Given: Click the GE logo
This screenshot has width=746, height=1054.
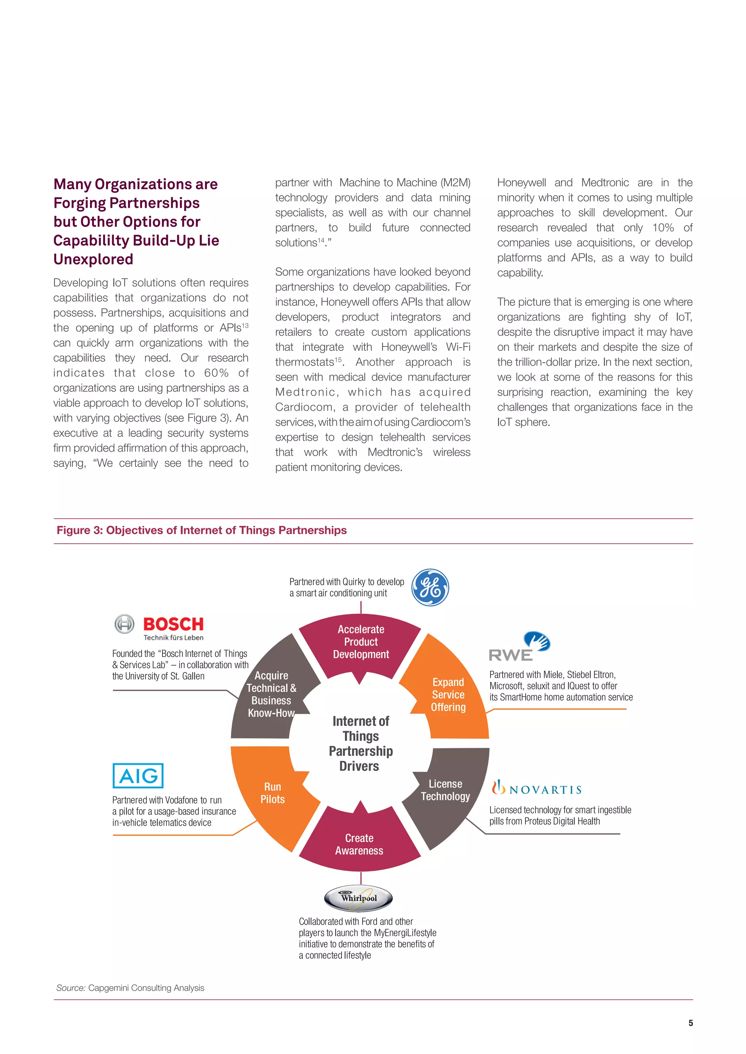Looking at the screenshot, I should pos(430,587).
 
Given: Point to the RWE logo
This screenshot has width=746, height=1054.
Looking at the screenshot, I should pos(519,647).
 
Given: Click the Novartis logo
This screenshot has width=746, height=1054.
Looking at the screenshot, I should pos(537,789).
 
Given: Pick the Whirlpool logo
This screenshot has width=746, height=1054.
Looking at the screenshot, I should pos(358,898).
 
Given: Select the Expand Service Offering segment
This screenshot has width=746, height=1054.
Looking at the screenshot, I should pos(448,694).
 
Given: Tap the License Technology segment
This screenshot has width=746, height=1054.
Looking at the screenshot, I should pos(445,790).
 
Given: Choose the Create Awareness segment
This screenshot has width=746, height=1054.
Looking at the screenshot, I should pos(359,844).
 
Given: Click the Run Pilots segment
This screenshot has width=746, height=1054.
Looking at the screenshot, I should pos(272,793).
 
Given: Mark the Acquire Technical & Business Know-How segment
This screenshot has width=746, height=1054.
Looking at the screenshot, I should pos(271,694).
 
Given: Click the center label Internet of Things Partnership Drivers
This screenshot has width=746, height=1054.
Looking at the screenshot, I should pos(361,743).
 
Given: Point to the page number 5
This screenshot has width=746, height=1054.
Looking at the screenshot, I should pos(690,1023).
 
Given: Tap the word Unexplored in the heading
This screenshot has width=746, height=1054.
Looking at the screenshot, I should pos(93,259).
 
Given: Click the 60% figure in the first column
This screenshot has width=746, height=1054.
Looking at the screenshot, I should pos(216,373).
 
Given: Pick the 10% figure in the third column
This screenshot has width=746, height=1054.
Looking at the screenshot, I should pos(663,228).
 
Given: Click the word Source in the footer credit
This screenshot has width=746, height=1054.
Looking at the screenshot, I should pos(71,988).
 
